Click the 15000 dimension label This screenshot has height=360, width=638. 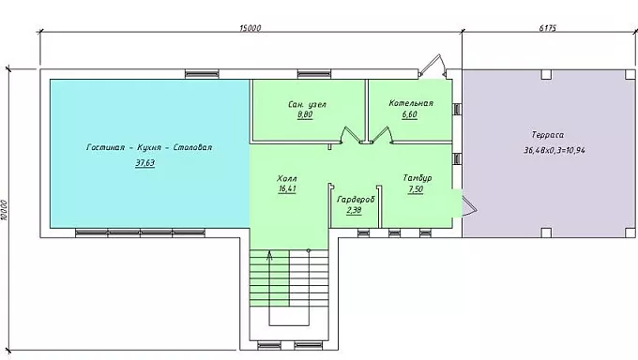(x=251, y=28)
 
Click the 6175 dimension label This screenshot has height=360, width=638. (x=548, y=28)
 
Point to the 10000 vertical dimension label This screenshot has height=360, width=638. (x=4, y=210)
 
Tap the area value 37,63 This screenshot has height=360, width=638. (x=145, y=163)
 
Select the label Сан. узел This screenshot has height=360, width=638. (x=307, y=105)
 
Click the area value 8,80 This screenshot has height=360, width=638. (x=305, y=114)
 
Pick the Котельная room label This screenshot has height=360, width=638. (x=411, y=103)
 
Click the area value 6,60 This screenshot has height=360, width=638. (x=409, y=114)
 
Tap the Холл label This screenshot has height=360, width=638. (x=287, y=178)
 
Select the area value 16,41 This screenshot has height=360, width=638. (x=287, y=188)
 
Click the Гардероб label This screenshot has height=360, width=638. (x=356, y=200)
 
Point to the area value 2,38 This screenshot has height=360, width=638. (x=354, y=210)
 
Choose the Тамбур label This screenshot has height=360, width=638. (x=418, y=178)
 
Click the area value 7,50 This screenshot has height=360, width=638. (x=416, y=189)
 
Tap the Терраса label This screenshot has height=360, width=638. (x=548, y=135)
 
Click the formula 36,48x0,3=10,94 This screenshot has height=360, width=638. (x=554, y=150)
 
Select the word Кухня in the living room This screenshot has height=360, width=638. (x=149, y=147)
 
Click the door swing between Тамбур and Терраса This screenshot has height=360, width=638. (x=469, y=206)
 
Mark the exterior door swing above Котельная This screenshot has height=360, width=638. (x=433, y=65)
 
